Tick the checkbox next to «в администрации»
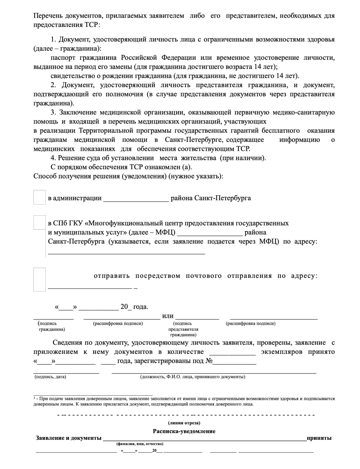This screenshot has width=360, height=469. [x=39, y=198]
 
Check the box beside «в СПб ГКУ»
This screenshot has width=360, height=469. [x=39, y=222]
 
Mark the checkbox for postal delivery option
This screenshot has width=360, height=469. [x=39, y=279]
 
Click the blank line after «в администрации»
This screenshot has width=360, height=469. [x=136, y=199]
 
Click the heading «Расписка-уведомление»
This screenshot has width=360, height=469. [x=184, y=431]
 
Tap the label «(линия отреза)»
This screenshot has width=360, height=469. [x=184, y=423]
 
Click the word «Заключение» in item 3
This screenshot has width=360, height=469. [x=78, y=112]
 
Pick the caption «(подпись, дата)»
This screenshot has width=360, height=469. [x=50, y=377]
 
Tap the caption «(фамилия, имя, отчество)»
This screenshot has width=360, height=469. [x=140, y=444]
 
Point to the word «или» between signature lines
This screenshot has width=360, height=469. [x=168, y=316]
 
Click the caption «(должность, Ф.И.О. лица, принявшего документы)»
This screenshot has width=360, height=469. [x=193, y=377]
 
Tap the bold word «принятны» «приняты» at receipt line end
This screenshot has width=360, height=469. [x=319, y=438]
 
